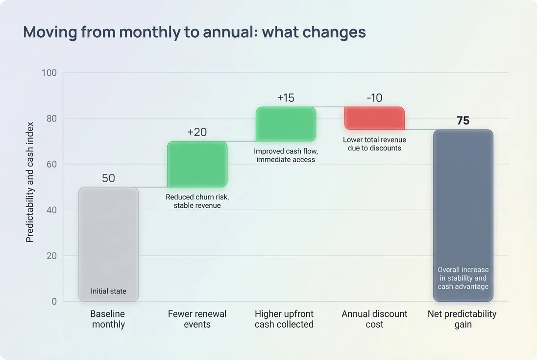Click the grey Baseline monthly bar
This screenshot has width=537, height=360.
[108, 235]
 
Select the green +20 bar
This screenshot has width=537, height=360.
[197, 165]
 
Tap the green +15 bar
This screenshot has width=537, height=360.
[286, 124]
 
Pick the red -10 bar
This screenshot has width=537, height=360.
[374, 118]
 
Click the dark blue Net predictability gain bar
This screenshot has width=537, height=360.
[463, 206]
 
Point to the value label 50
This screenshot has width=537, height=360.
[108, 178]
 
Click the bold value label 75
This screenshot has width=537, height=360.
[463, 121]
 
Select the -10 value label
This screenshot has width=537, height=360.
[374, 98]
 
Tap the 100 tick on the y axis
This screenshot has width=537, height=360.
[49, 73]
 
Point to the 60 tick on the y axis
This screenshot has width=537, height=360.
[51, 165]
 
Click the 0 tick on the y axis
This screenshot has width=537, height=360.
[54, 302]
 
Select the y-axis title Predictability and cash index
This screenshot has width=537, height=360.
[30, 182]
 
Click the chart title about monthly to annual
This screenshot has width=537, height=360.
[195, 32]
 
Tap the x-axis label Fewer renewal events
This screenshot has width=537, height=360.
[197, 319]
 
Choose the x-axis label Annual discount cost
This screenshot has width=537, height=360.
[374, 319]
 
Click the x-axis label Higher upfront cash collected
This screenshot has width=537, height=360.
[284, 319]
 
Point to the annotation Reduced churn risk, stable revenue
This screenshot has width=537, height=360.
[197, 201]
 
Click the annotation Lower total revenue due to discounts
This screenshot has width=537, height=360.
[374, 144]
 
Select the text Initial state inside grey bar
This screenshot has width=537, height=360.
[108, 291]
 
